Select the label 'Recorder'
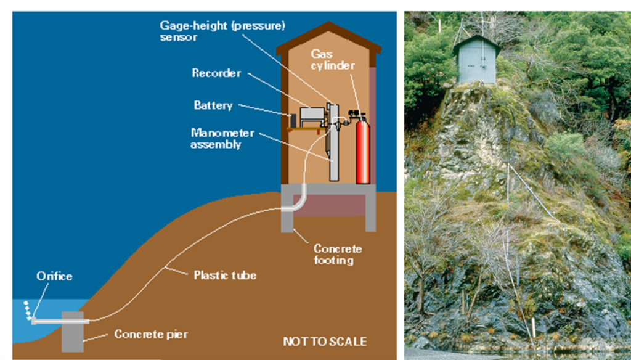click(x=216, y=73)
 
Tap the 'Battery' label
click(x=213, y=105)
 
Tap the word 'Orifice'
click(x=54, y=276)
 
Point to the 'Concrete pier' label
click(x=151, y=334)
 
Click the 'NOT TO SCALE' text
click(x=325, y=342)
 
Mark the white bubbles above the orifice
click(x=28, y=308)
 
